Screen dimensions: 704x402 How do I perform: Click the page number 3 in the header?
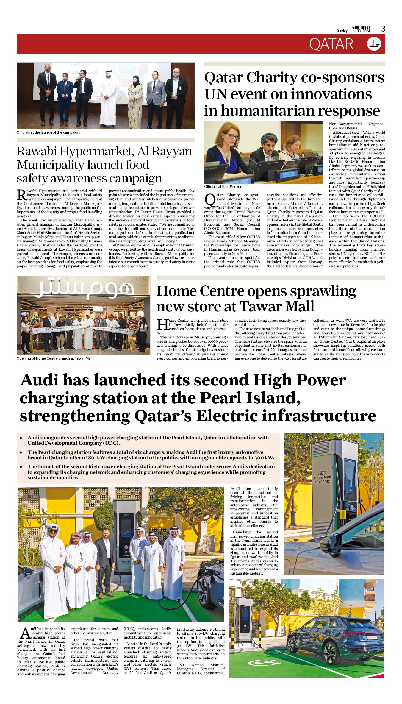point(383,29)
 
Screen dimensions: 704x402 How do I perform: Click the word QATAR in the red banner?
point(331,44)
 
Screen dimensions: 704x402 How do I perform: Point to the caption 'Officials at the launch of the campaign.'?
point(48,132)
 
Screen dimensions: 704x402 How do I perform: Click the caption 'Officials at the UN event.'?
point(224,187)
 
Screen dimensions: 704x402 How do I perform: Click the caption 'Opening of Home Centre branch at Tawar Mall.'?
point(55,358)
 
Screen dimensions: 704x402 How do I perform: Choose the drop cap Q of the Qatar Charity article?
point(210,199)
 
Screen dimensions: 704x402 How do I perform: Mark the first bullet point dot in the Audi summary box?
point(21,438)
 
